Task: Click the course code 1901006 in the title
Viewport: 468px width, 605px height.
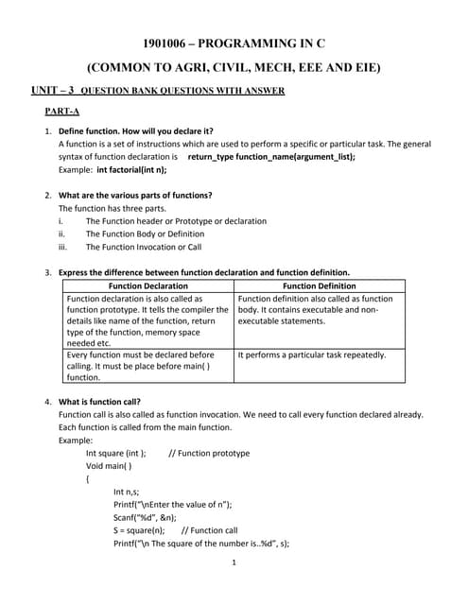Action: [164, 44]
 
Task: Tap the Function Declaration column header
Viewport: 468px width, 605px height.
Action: [147, 285]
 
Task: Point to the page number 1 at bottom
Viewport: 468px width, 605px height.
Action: [234, 563]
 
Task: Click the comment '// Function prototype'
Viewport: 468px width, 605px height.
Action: [209, 453]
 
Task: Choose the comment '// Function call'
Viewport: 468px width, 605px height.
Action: [209, 530]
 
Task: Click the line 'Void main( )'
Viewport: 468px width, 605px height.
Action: [109, 466]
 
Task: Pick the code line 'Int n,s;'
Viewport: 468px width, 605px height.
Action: [127, 492]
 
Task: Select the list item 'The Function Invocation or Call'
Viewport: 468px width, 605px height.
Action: [144, 247]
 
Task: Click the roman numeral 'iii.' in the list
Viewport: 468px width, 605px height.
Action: [63, 247]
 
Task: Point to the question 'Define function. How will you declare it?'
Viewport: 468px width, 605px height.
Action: [136, 130]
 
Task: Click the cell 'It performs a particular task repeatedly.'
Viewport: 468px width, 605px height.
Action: [312, 354]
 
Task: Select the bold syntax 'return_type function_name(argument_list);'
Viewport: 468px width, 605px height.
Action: [271, 156]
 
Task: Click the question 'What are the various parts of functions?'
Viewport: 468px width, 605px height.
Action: [135, 195]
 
